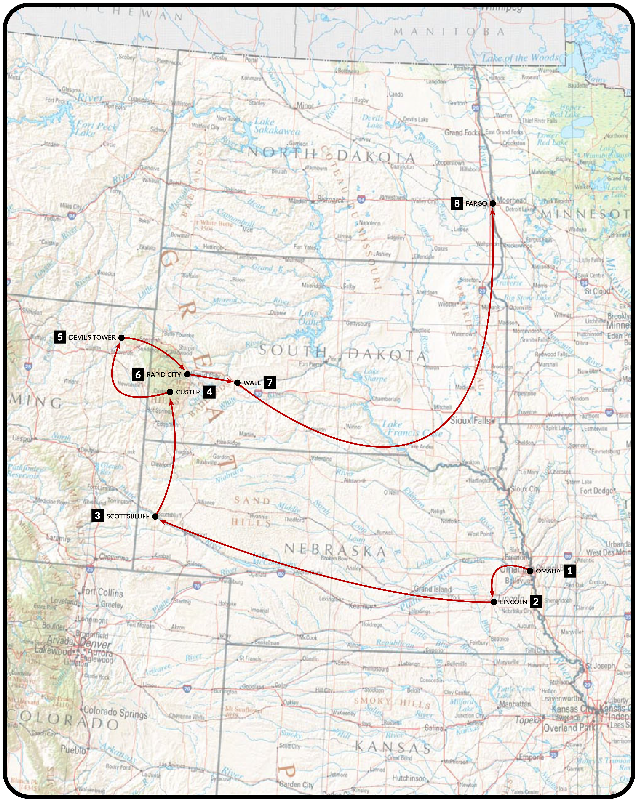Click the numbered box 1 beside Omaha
569,571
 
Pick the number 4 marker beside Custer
209,392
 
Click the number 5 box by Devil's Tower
60,337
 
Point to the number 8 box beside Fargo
457,203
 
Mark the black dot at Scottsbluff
155,516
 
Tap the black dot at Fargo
493,203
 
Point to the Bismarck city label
331,200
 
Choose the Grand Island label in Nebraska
433,588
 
